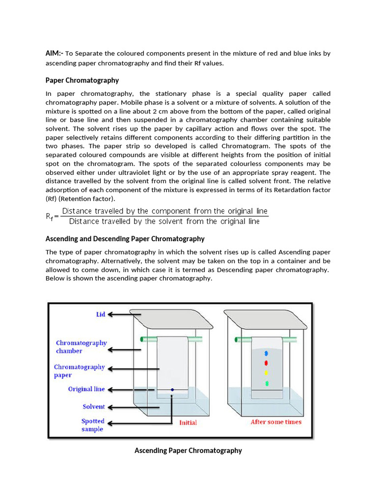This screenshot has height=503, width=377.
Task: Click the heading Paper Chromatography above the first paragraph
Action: (82, 80)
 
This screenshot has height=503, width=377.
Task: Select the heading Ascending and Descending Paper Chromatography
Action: (125, 239)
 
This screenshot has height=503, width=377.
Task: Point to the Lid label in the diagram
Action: (101, 314)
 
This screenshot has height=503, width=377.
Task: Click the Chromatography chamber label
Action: (81, 347)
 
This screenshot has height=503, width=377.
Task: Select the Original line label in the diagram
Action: (86, 389)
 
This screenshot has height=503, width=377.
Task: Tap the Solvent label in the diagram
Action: (93, 407)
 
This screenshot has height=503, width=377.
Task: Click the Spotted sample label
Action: (93, 425)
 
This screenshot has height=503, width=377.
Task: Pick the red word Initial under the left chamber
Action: (188, 422)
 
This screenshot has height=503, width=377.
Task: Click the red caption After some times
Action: (276, 422)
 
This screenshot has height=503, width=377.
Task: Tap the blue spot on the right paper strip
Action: (266, 353)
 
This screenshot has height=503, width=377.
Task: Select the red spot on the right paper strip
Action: (266, 363)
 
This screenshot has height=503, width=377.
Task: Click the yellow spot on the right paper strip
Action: (266, 373)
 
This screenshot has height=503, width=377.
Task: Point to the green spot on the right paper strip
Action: (267, 383)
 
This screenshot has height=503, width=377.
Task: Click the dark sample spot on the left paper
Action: (172, 390)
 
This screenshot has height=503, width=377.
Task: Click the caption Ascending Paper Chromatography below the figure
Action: (188, 450)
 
